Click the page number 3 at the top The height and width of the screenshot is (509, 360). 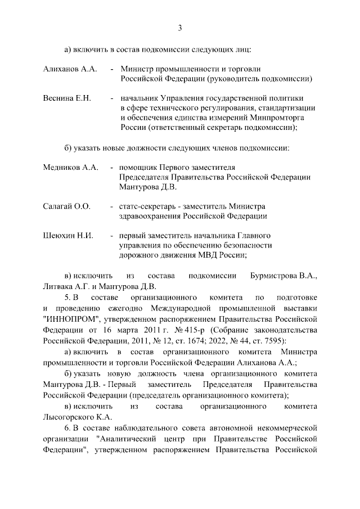(x=179, y=28)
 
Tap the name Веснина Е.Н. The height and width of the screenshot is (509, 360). (x=67, y=98)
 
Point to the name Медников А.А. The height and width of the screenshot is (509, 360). (x=71, y=168)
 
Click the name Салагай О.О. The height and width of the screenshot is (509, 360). (x=67, y=206)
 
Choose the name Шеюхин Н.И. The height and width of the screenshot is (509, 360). (x=68, y=235)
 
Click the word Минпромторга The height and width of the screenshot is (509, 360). (x=287, y=118)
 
